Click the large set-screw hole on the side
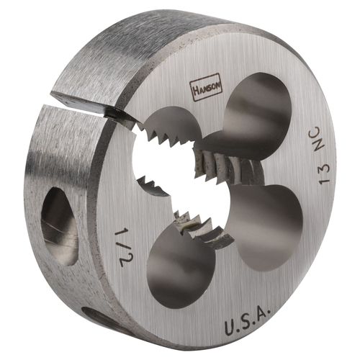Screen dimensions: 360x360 coord(59,224)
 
